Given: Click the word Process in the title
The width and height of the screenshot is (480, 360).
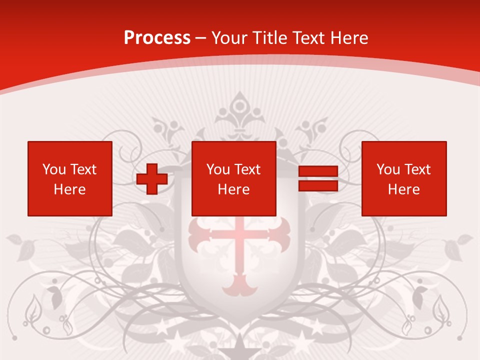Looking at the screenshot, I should [157, 38].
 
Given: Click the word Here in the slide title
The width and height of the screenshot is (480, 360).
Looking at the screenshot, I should [352, 38].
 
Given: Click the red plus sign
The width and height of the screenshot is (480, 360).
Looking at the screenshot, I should [152, 179].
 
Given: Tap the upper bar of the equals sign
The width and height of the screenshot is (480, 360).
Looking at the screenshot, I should [318, 171].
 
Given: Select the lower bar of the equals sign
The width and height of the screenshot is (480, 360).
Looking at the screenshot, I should [318, 185].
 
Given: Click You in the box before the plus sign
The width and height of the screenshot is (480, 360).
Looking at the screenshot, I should [54, 169].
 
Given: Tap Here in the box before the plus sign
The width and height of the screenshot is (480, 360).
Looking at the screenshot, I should [69, 189].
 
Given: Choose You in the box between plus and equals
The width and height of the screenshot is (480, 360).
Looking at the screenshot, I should [218, 169].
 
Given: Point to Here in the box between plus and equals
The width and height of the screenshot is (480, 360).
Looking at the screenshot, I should [233, 189].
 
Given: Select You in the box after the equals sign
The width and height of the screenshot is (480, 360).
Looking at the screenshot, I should [388, 169].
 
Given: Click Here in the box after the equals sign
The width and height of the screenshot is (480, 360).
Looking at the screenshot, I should [403, 189].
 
